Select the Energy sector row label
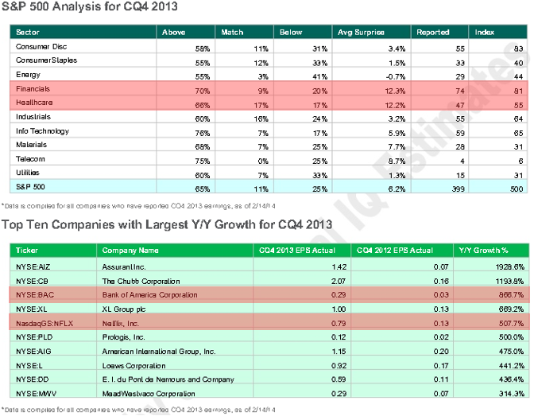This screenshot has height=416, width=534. (x=28, y=74)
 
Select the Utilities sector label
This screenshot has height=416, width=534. (x=29, y=173)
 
